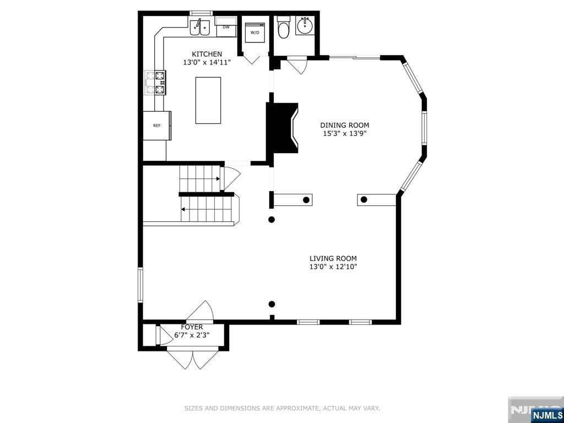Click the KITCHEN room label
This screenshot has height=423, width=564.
pos(207,54)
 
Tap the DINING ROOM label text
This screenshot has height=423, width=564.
pos(344,125)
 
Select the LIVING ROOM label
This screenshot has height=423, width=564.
pos(333,258)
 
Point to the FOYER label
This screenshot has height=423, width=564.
pos(192,327)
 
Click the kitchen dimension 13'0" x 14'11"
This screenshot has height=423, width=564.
pos(207,63)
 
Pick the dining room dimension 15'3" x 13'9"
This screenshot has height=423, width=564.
pos(344,133)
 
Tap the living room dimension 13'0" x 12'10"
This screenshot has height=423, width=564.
pos(333,267)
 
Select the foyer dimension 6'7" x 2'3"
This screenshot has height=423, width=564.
pos(192,335)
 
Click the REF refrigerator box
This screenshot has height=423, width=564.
pos(157,126)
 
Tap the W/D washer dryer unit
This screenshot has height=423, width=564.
pos(255,32)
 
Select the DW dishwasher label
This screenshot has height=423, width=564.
pos(226,26)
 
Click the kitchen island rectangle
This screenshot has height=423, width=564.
pos(208,100)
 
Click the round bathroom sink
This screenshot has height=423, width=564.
pos(303,25)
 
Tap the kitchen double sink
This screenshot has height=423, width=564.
pos(199,27)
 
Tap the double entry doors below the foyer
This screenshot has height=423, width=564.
pos(193,359)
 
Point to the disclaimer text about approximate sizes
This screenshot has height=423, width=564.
pos(282,408)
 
